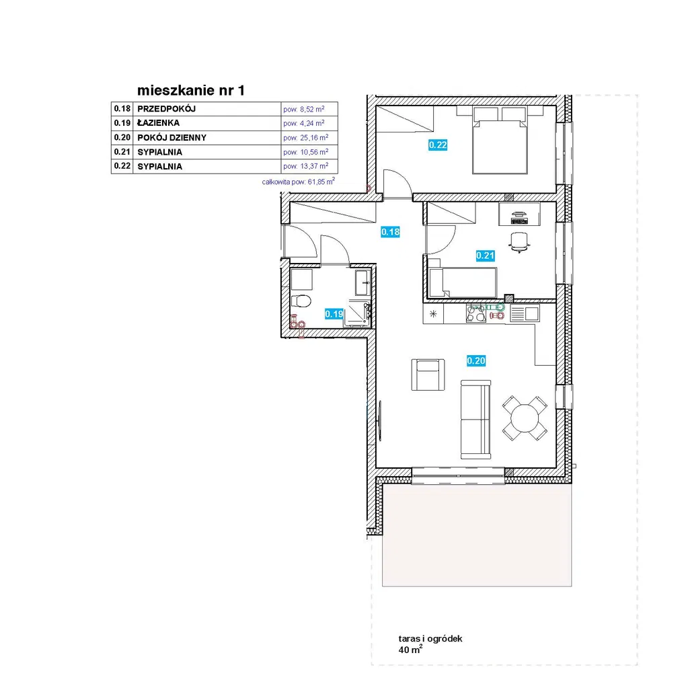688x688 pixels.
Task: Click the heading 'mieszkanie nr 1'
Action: (x=191, y=90)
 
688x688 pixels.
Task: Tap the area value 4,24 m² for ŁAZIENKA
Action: (x=303, y=123)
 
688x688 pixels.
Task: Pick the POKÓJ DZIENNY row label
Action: (x=172, y=138)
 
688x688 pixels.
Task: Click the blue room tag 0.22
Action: (x=438, y=145)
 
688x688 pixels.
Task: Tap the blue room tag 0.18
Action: (x=391, y=231)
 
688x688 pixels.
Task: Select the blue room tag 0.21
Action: (x=486, y=256)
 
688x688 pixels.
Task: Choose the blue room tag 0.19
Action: (x=334, y=313)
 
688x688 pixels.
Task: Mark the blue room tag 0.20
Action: (x=476, y=360)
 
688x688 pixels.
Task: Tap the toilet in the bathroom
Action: (x=301, y=301)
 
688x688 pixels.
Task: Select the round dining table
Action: (x=525, y=418)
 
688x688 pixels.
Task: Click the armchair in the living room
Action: (x=428, y=375)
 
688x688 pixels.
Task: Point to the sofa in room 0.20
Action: (x=475, y=420)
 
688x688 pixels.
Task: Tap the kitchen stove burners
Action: (x=476, y=314)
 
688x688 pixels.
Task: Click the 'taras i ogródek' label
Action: (x=430, y=639)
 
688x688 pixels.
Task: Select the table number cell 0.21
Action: (x=122, y=152)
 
